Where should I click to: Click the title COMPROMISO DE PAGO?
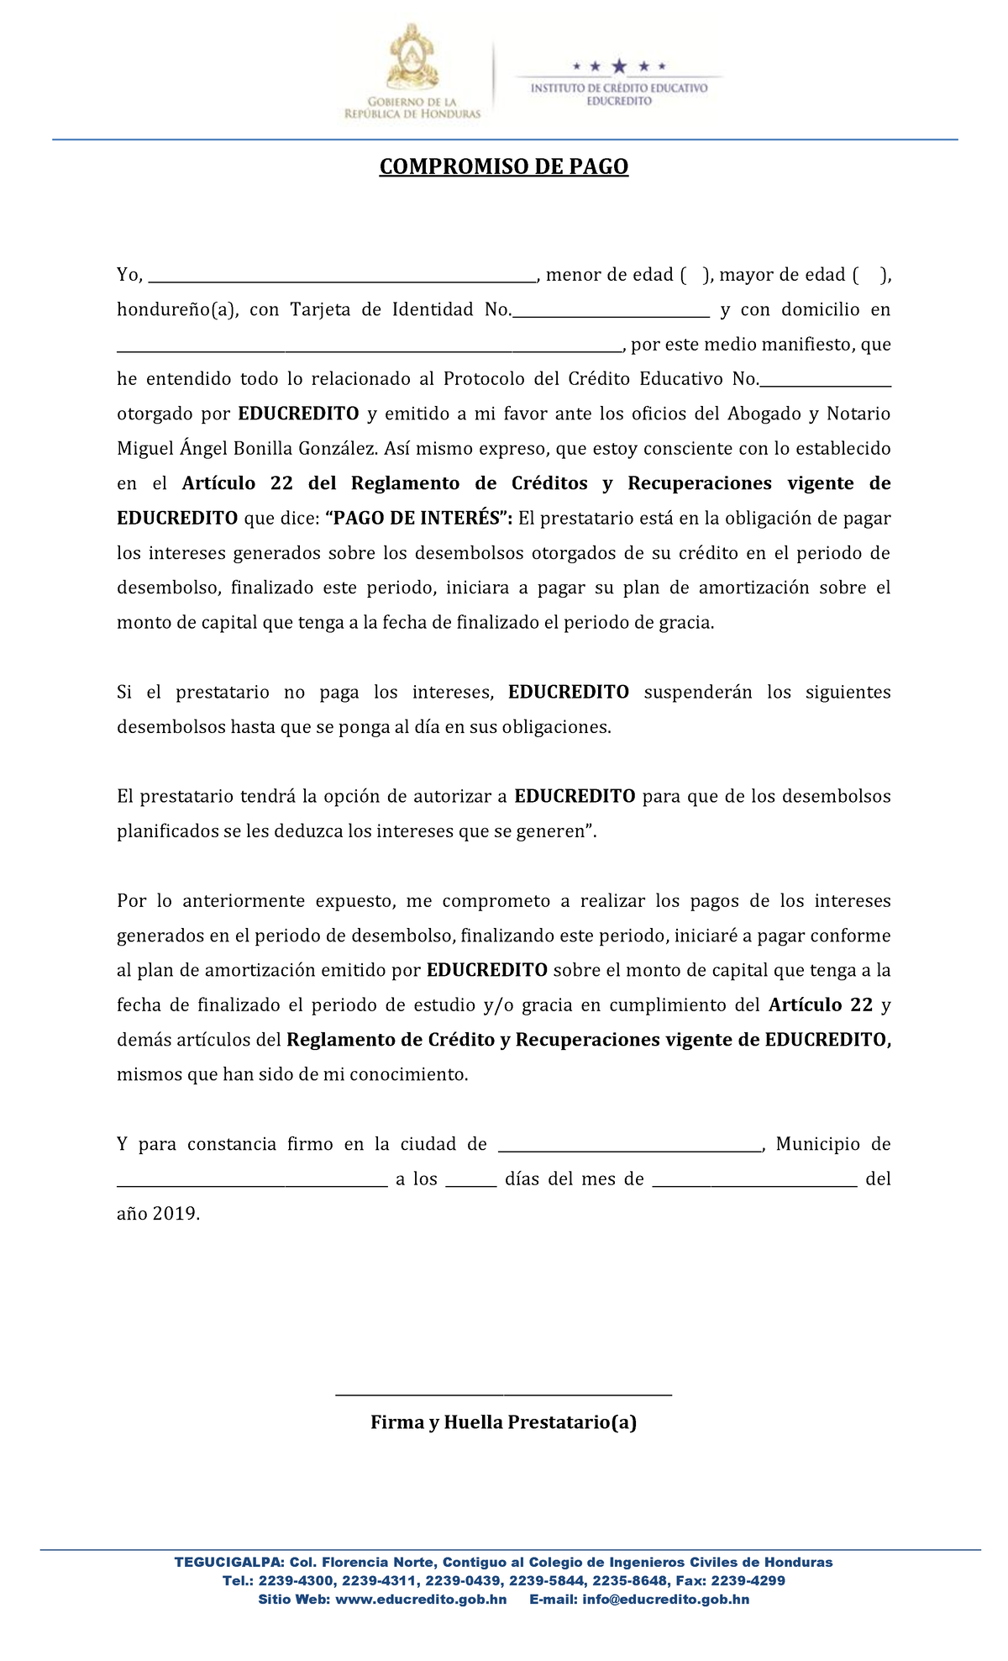click(503, 166)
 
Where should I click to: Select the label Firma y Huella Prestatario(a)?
click(503, 1422)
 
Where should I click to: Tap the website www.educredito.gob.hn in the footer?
click(421, 1600)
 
